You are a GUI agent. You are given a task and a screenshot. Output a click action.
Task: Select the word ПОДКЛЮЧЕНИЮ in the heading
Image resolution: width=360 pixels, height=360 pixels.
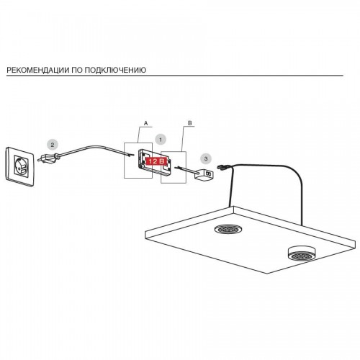click(116, 70)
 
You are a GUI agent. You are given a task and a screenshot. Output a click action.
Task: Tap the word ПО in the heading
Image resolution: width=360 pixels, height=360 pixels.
click(77, 70)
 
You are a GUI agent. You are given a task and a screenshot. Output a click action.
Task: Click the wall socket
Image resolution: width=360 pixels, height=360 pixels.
click(20, 166)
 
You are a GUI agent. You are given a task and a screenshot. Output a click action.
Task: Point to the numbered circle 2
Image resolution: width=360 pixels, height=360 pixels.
click(53, 145)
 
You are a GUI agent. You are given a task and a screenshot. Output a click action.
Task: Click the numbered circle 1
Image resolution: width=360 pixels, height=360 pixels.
click(161, 140)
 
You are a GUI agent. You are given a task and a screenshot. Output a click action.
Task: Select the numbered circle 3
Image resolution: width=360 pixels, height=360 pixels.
click(205, 158)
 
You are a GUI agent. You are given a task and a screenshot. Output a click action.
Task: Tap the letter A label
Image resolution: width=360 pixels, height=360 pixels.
click(146, 123)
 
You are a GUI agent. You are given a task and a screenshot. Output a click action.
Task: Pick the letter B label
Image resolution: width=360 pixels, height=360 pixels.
click(190, 123)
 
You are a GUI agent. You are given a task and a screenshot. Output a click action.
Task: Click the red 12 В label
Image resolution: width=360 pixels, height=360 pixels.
click(156, 161)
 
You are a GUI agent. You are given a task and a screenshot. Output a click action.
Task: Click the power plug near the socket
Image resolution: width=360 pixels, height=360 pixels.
click(49, 158)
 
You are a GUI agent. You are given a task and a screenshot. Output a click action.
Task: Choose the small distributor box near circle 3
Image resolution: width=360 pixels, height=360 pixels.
click(204, 174)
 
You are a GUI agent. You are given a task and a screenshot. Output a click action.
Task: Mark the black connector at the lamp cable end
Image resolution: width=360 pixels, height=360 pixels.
click(222, 167)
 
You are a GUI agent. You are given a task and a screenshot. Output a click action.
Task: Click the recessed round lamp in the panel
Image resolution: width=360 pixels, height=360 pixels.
click(228, 229)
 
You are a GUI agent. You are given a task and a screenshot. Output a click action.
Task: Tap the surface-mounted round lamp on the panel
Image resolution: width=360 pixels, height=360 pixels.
click(301, 254)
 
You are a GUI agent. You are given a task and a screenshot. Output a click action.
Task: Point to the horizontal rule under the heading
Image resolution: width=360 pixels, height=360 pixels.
click(175, 76)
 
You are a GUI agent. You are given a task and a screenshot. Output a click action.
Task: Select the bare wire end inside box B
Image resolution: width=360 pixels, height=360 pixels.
click(179, 168)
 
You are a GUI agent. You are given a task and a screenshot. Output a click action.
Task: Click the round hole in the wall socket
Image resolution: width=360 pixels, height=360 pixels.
click(20, 166)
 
